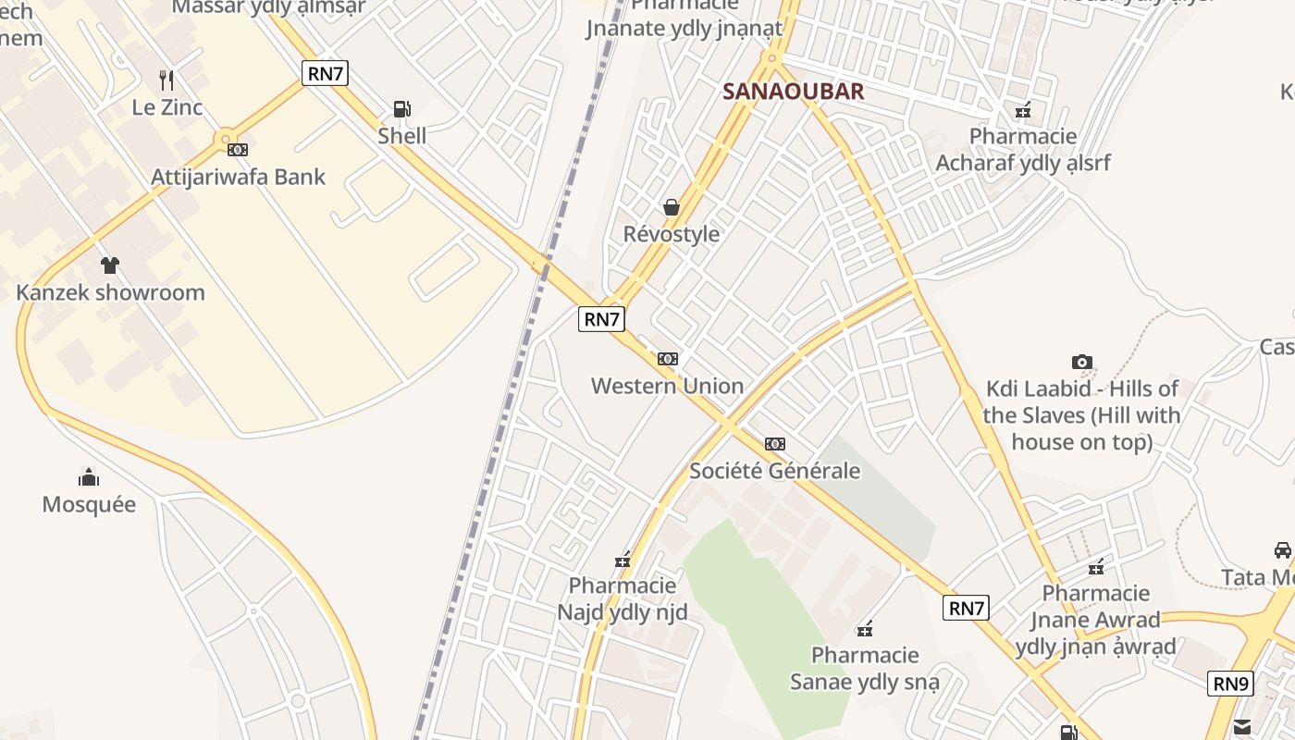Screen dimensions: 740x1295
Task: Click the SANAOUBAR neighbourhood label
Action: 793,91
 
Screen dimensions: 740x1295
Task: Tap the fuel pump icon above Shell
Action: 401,109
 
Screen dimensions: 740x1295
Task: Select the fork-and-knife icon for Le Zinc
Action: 166,80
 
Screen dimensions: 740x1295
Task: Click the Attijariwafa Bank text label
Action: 239,177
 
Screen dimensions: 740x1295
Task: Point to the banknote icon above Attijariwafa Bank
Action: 238,149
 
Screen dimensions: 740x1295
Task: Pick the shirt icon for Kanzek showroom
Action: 110,265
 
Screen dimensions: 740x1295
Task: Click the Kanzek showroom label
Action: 110,292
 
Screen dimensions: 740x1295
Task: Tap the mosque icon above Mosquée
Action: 89,477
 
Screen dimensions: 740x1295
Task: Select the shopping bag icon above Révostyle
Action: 672,207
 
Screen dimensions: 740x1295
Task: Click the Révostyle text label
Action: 672,234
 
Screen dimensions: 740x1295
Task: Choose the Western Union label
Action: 667,386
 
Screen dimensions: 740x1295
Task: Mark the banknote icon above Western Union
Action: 667,359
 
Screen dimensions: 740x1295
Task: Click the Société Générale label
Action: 774,471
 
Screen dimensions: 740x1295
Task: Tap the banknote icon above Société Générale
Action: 774,444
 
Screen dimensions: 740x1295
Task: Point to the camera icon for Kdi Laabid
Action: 1081,362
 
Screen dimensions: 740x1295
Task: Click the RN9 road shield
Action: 1230,684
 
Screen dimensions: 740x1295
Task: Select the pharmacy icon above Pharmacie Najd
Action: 623,560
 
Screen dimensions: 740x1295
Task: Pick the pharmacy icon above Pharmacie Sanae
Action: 865,630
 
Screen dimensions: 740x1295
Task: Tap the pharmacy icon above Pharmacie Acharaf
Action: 1023,111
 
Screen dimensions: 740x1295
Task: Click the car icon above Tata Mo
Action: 1282,550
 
